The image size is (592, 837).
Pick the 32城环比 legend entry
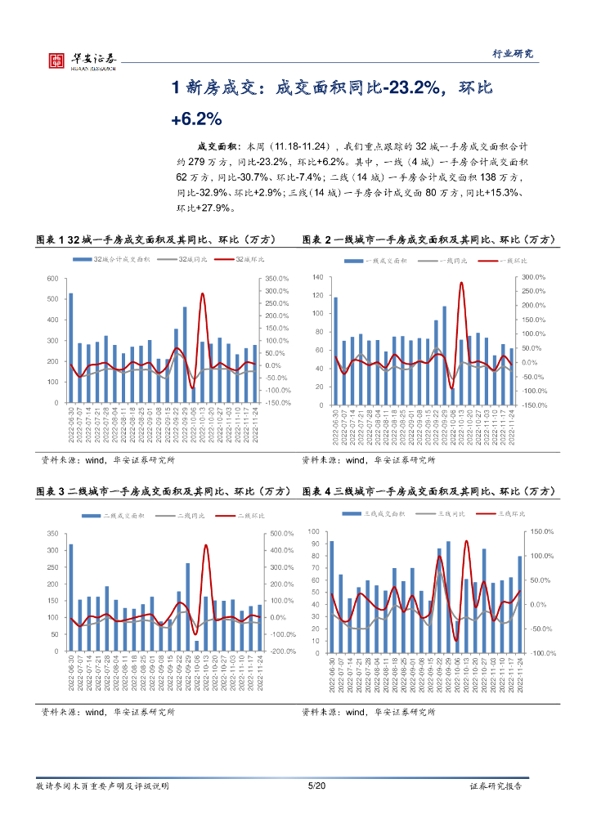pyautogui.click(x=245, y=259)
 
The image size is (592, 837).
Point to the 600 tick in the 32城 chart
pyautogui.click(x=52, y=279)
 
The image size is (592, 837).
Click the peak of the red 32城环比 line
pyautogui.click(x=202, y=293)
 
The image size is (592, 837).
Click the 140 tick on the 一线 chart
pyautogui.click(x=319, y=278)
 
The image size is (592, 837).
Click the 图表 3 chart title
pyautogui.click(x=164, y=492)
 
